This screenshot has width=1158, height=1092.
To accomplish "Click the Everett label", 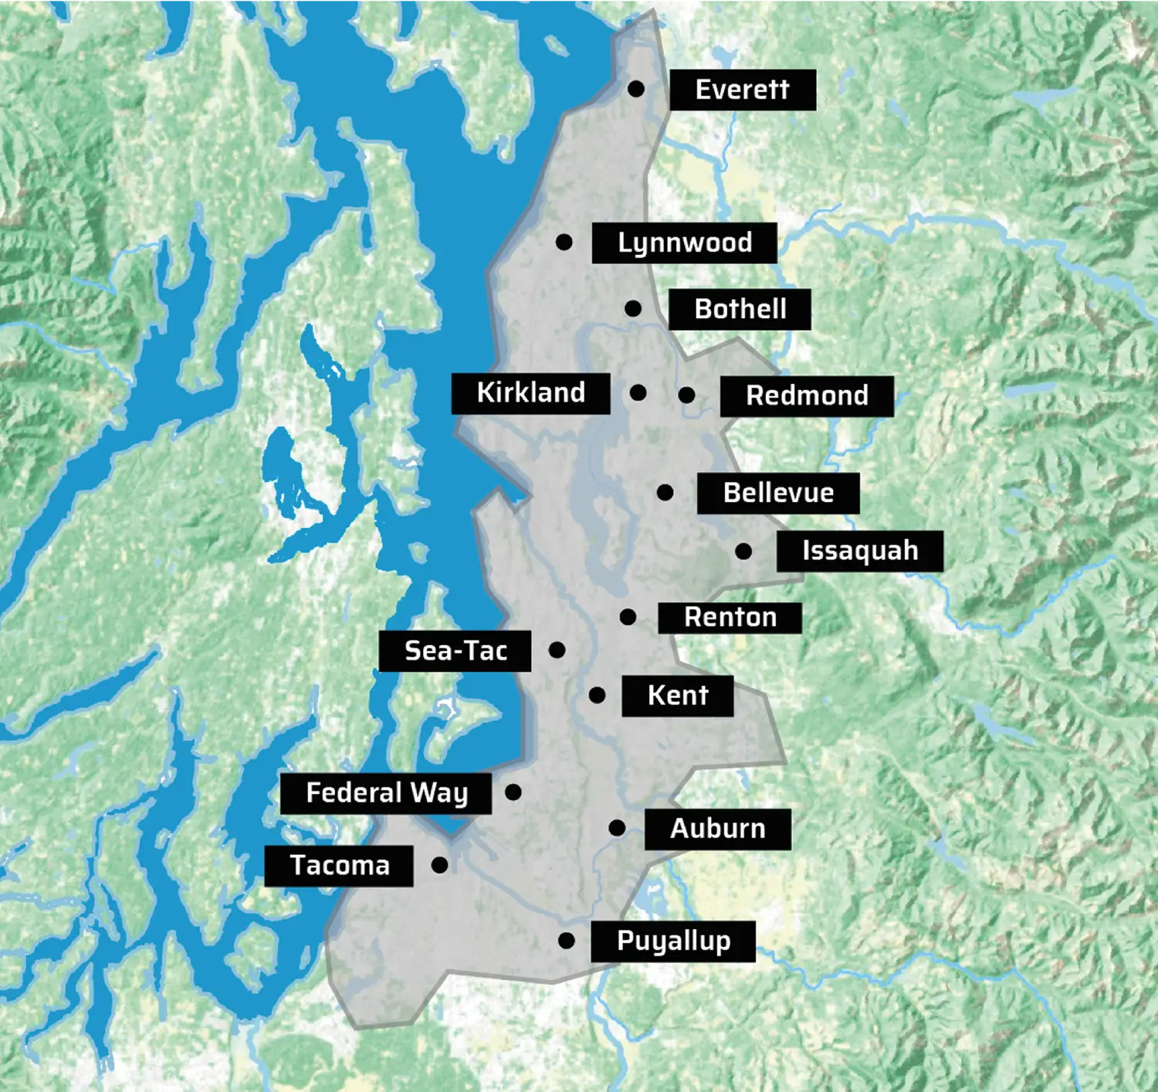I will click(742, 90).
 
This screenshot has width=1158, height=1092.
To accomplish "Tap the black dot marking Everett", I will click(636, 89).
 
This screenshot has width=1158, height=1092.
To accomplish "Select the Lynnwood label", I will click(684, 242).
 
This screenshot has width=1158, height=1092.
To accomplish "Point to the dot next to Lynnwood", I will click(564, 242).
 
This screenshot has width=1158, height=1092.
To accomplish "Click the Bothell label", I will click(740, 309).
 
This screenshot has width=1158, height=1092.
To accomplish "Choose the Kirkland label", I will click(530, 393).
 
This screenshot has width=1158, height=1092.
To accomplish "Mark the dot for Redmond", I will click(686, 395).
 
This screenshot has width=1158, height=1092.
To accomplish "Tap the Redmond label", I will click(807, 396).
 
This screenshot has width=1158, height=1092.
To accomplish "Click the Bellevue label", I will click(778, 493).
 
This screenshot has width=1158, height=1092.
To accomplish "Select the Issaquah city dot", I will click(743, 551).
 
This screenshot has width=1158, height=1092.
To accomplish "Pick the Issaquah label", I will click(859, 551).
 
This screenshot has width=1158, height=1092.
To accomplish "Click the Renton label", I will click(730, 618).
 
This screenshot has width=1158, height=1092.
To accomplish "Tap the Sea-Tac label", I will click(455, 651).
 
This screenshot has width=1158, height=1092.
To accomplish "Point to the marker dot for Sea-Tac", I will click(557, 650).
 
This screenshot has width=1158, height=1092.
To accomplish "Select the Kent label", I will click(677, 696).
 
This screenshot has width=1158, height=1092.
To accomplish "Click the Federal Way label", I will click(386, 793).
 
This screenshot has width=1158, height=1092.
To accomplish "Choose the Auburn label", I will click(717, 829).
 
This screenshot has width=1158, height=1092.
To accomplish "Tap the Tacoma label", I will click(339, 866).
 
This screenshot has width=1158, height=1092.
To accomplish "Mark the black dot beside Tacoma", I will click(439, 865).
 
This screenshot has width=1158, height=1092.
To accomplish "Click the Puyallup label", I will click(672, 941).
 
